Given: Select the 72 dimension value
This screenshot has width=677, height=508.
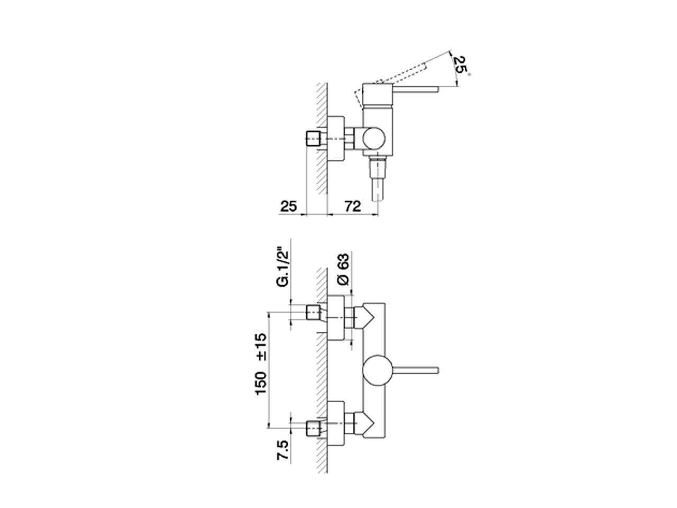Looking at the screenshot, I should coord(352,206).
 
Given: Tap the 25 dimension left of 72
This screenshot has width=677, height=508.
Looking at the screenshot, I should coord(288,206).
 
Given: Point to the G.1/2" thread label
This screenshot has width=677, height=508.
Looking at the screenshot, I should coord(284,267).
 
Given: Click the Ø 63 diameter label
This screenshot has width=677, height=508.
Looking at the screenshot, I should coord(343,270).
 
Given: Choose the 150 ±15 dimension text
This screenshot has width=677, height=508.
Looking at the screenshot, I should coord(261,364).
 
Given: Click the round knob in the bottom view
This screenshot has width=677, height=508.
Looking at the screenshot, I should coord(377,370).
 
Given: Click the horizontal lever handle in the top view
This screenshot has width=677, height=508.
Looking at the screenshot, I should coord(415,88).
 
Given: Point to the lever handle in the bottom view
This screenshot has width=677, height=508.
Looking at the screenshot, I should coord(415,369).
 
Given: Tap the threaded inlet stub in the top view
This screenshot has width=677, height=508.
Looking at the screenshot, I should coord(314,139).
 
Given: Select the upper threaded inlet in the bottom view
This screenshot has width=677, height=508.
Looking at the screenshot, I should coord(314,313).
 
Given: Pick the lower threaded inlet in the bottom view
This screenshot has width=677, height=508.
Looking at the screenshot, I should coord(314,427).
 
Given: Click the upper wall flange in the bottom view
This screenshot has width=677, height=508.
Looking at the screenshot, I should coord(335,317).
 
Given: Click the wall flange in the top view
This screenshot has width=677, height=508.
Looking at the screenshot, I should coord(336,139).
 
